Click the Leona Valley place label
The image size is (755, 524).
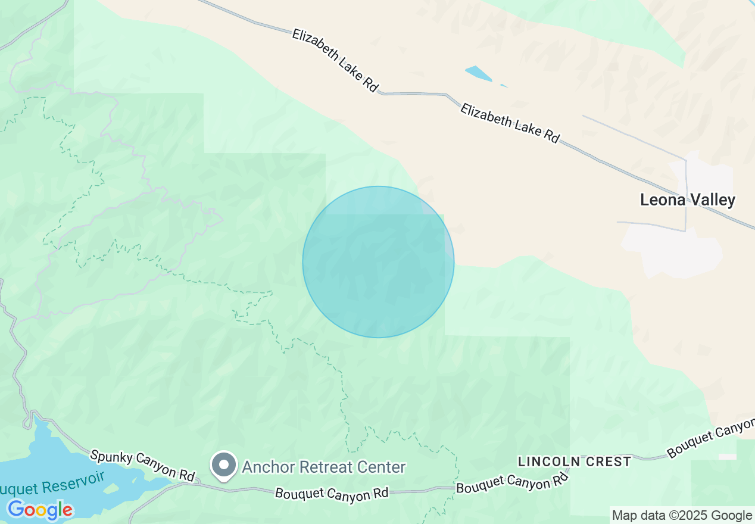[688, 200]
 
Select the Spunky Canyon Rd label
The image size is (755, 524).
[142, 466]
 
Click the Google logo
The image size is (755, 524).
[40, 510]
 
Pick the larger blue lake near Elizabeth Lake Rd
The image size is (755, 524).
[479, 74]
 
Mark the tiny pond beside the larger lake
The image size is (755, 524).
[504, 86]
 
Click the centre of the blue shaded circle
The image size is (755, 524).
[378, 262]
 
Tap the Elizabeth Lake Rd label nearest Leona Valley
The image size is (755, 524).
[510, 123]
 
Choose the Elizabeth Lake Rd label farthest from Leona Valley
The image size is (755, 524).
[335, 60]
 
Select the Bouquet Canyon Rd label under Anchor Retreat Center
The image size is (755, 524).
[332, 494]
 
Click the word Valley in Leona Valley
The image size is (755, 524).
[713, 200]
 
